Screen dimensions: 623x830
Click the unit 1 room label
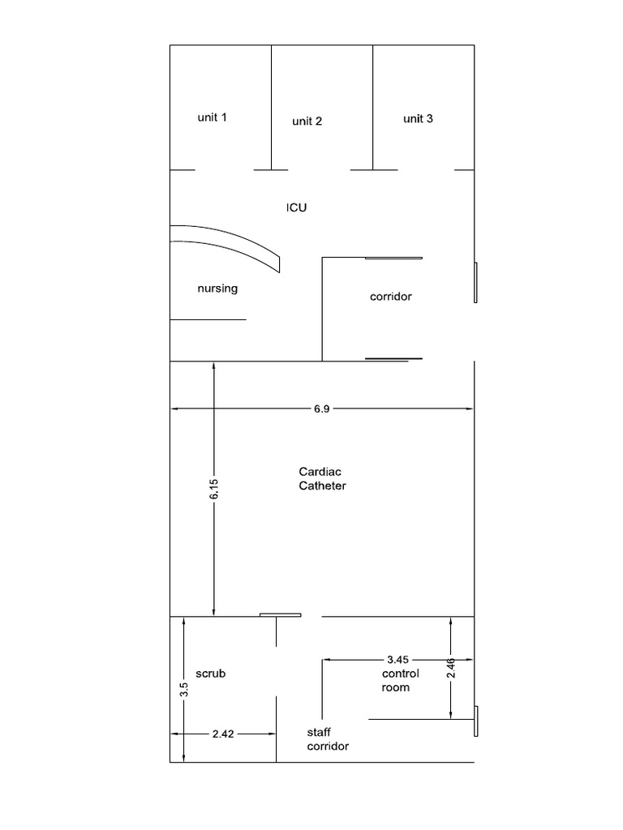click(212, 117)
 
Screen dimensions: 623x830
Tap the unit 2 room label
click(307, 122)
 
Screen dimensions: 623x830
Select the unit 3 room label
click(418, 118)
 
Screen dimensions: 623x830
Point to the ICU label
click(297, 207)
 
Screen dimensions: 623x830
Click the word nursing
click(217, 289)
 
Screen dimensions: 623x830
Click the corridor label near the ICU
click(390, 297)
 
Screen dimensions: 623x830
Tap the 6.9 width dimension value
click(321, 409)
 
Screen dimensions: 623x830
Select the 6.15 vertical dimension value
click(213, 489)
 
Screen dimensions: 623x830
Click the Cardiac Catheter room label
click(322, 478)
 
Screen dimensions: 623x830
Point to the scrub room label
click(210, 674)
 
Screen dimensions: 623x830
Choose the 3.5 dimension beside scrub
click(184, 689)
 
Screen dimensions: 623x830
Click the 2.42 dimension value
click(223, 734)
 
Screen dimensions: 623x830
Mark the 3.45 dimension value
click(397, 660)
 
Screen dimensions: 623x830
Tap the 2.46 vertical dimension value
click(450, 668)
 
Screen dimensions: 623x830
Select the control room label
click(401, 681)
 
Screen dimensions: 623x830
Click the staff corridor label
click(328, 739)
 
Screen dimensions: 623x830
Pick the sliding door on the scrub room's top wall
click(280, 615)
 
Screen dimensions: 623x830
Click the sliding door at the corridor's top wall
click(393, 259)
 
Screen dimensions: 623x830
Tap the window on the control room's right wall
click(475, 721)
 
